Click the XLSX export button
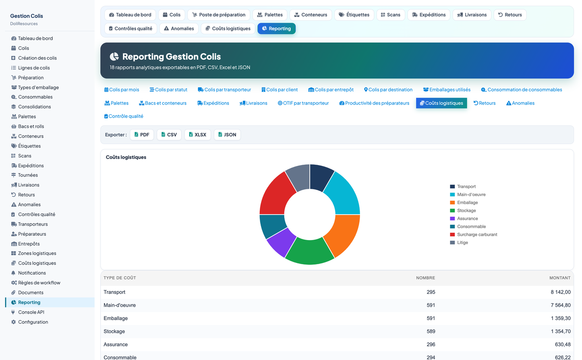tap(197, 134)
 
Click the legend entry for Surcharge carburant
tap(473, 234)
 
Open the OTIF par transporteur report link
tap(303, 103)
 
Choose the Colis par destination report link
tap(388, 90)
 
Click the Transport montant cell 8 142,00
tap(560, 292)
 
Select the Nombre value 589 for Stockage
tap(431, 331)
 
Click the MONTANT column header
tap(560, 278)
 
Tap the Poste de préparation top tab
tap(219, 15)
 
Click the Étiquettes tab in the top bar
tap(354, 15)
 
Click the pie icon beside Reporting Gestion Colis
tap(114, 56)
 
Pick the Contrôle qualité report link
tap(123, 116)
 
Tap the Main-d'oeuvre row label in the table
tap(120, 305)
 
